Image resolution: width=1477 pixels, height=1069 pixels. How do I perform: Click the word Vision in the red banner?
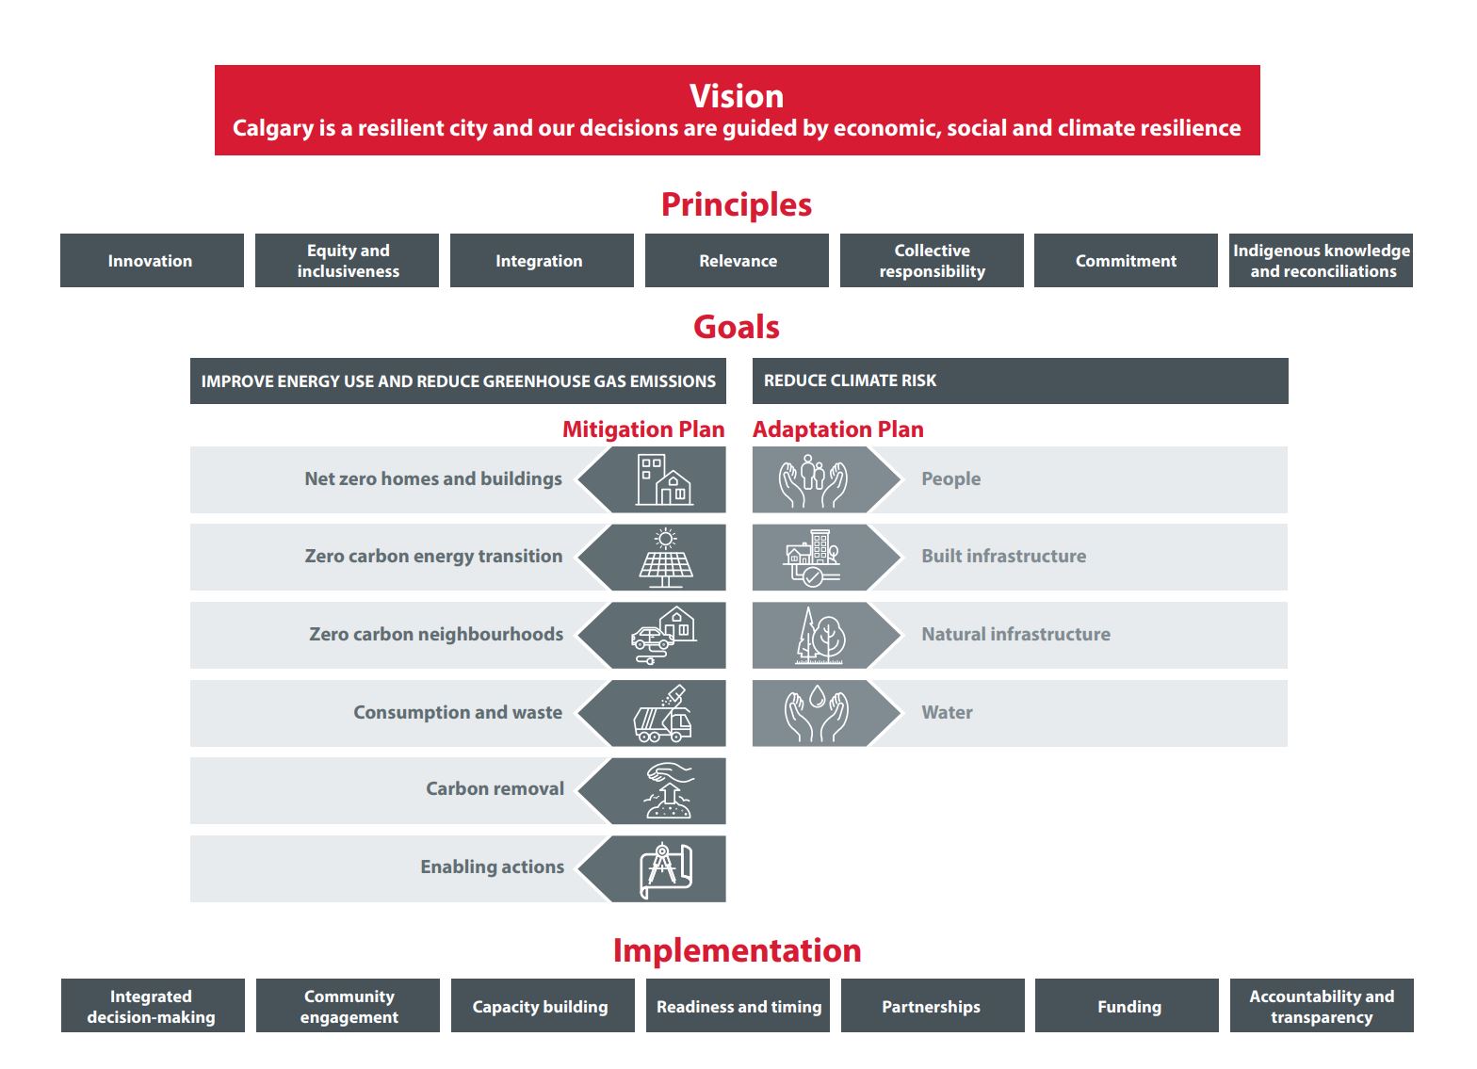click(x=737, y=96)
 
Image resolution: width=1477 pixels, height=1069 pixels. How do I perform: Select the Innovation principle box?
click(x=152, y=261)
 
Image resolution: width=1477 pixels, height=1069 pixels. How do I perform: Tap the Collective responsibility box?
click(x=932, y=261)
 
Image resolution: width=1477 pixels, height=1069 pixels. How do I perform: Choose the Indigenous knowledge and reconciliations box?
click(x=1321, y=261)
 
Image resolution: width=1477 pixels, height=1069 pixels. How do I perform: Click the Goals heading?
click(x=737, y=327)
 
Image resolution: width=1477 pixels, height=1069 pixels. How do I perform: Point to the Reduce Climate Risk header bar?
click(x=1020, y=381)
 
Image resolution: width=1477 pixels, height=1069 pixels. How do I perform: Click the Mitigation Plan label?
click(x=643, y=429)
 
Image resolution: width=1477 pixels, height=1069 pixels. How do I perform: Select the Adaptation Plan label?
click(x=838, y=429)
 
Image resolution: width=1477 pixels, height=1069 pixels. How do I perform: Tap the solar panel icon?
click(x=665, y=558)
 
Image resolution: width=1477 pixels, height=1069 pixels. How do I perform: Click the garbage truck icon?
click(x=663, y=714)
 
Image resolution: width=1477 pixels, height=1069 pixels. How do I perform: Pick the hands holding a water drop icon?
click(x=817, y=714)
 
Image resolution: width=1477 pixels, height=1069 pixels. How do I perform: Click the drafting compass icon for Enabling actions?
click(x=665, y=870)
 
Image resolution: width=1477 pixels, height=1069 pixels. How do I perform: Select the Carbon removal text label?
click(x=495, y=788)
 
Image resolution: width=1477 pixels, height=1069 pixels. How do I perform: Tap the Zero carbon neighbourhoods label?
click(x=436, y=635)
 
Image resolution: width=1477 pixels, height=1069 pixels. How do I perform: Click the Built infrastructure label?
click(x=1003, y=556)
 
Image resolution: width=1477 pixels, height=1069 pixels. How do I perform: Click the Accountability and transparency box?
click(x=1322, y=1006)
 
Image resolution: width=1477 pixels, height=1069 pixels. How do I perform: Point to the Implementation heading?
click(x=738, y=950)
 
